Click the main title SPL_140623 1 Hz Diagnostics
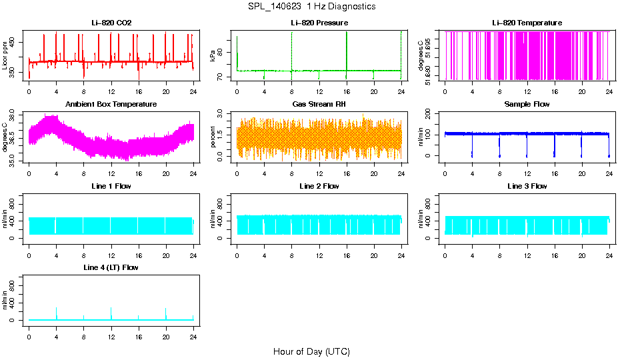(x=311, y=7)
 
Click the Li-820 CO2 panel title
(x=111, y=23)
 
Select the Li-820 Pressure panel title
(x=319, y=23)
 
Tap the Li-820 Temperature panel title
(x=527, y=23)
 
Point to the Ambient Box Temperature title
(x=111, y=105)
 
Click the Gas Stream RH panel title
(x=319, y=105)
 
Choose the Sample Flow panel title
(x=527, y=105)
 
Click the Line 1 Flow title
(x=111, y=186)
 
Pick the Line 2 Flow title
(x=319, y=186)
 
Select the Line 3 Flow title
(x=527, y=186)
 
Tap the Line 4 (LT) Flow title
(x=111, y=267)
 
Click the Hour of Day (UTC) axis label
(x=311, y=351)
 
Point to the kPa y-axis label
(x=213, y=55)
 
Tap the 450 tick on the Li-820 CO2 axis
(x=15, y=41)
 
